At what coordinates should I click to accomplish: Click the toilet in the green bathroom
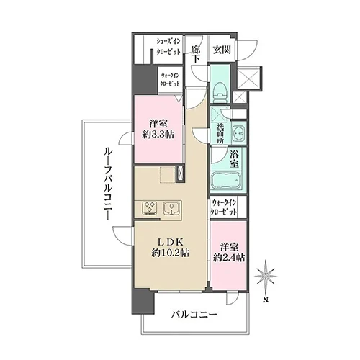click(220, 93)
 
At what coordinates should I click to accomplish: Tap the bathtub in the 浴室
click(226, 181)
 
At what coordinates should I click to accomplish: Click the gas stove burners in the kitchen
click(149, 208)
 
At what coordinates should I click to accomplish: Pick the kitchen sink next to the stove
click(171, 208)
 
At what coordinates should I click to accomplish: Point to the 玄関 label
click(222, 50)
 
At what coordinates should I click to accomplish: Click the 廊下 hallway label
click(196, 55)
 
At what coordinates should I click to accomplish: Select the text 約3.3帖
click(158, 135)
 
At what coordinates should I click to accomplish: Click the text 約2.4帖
click(229, 258)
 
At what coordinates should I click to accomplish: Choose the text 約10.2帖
click(170, 253)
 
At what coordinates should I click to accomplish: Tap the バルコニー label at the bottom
click(194, 314)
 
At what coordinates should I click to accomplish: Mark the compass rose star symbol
click(266, 276)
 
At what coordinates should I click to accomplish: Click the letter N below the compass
click(266, 300)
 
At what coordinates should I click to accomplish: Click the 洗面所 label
click(220, 133)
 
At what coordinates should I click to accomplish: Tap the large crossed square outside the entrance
click(248, 78)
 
